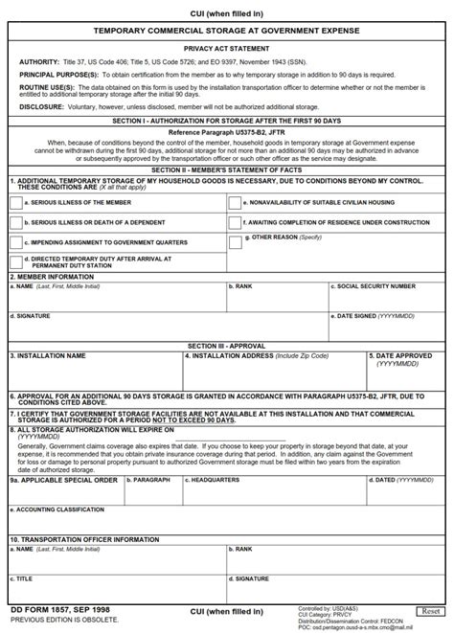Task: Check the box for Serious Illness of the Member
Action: pos(15,202)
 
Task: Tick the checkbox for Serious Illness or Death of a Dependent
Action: pos(15,222)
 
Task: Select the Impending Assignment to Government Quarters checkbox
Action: pos(15,242)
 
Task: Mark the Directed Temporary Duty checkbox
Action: pos(15,261)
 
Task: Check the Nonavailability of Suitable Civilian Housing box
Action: pos(236,202)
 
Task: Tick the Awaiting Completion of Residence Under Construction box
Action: pos(236,222)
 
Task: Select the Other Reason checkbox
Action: pos(236,238)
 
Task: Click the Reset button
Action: pos(430,611)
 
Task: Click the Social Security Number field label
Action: pos(375,285)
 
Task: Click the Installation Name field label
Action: pos(48,354)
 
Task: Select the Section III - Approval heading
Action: pos(227,345)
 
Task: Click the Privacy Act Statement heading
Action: pos(227,45)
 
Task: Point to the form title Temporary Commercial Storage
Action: pos(227,31)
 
